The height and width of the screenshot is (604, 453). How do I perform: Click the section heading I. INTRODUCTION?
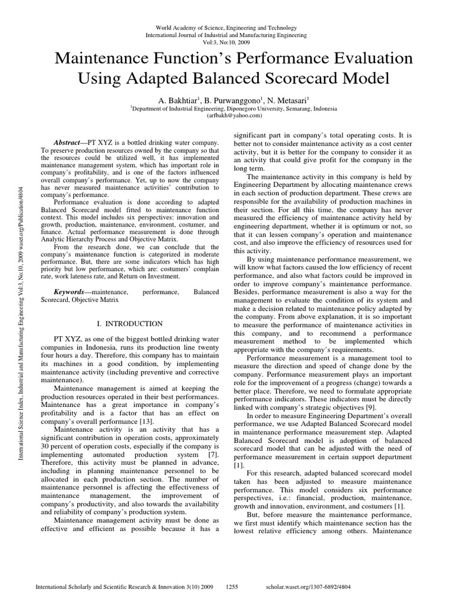(129, 324)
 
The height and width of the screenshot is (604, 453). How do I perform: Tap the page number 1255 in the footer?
(232, 587)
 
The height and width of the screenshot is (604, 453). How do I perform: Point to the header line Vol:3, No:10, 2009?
(226, 43)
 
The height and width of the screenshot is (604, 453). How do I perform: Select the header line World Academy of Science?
(226, 28)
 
